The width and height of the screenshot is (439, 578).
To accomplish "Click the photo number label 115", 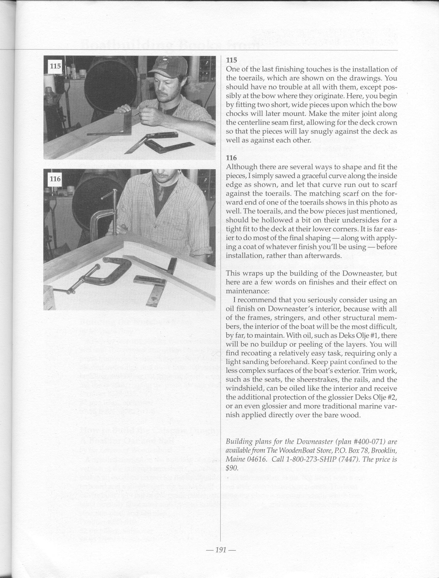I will [x=55, y=66].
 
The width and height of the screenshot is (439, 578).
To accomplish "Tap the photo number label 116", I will [x=55, y=179].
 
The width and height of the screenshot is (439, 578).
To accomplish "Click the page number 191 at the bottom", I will [x=221, y=550].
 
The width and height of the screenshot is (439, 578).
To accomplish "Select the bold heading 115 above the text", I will [x=231, y=60].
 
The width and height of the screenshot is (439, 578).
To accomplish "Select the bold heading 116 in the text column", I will [x=231, y=158].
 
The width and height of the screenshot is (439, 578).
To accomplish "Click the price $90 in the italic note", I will [x=232, y=468].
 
